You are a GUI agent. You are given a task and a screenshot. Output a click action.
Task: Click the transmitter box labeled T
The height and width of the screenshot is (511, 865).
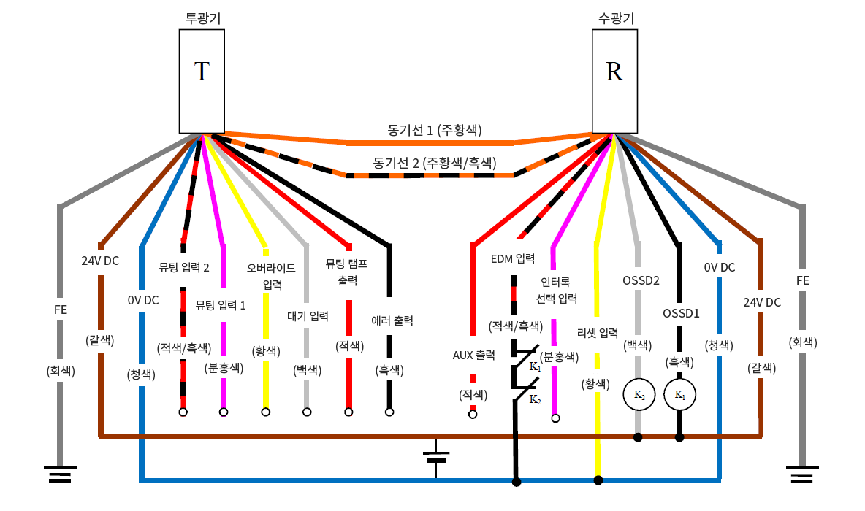202,81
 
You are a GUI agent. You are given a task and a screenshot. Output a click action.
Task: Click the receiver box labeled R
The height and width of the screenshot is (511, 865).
614,81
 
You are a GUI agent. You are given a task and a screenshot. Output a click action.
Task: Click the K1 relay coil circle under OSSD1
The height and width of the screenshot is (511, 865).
679,396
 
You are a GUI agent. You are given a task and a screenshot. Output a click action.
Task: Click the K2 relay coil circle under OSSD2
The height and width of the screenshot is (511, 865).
638,396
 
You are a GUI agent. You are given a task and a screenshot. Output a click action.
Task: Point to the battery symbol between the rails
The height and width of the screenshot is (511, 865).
436,457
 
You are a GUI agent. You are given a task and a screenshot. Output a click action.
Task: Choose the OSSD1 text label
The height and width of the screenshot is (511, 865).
681,313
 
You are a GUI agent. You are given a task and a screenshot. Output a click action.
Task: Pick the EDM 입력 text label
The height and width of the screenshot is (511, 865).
513,259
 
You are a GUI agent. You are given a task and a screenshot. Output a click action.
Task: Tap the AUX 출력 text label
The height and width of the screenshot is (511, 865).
473,356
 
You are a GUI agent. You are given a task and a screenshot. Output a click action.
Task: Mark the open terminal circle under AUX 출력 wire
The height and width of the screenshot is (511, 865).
473,415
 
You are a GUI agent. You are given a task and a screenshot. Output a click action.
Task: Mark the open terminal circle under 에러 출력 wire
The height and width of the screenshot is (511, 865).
389,412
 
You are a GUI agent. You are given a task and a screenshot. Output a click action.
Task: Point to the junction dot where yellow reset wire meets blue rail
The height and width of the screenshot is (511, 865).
598,480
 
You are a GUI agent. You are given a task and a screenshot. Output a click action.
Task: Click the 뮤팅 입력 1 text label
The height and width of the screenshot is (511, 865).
221,304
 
